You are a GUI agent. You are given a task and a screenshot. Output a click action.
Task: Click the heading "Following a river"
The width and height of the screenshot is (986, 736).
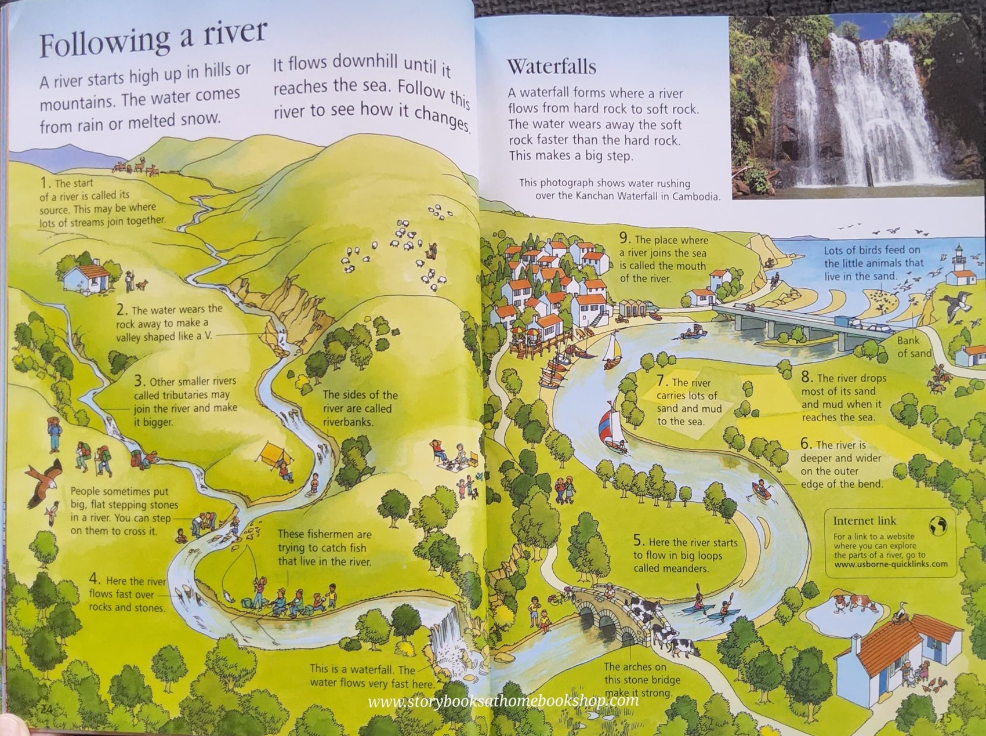(x=153, y=38)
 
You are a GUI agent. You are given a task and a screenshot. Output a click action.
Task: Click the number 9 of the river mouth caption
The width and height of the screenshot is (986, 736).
(x=624, y=238)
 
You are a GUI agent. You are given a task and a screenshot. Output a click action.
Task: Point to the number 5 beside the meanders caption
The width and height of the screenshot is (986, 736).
(x=638, y=541)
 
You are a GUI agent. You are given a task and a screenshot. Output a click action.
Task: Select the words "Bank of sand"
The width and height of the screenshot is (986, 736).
(x=912, y=347)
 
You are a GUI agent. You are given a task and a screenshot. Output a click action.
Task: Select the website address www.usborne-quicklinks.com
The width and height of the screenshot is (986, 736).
(x=890, y=564)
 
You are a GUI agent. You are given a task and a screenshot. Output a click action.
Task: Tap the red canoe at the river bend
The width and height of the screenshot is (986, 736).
(x=762, y=491)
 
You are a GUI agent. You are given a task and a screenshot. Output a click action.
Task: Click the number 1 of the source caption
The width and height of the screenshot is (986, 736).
(x=44, y=183)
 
